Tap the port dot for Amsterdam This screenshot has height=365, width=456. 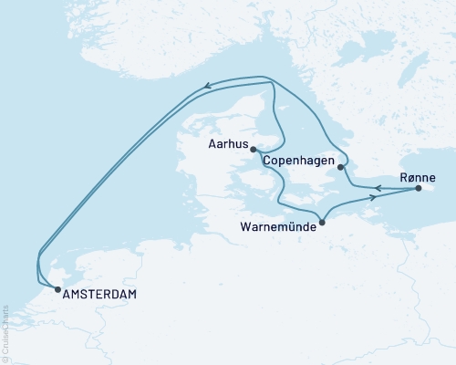[x=57, y=289]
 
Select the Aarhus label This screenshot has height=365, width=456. [x=227, y=143]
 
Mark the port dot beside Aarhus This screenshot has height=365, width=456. [x=254, y=151]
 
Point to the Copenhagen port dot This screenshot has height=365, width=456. [x=339, y=167]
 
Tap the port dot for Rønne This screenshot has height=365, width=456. [x=419, y=189]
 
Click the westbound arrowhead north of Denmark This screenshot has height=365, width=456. [x=207, y=88]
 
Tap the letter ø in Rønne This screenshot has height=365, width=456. [x=411, y=177]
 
